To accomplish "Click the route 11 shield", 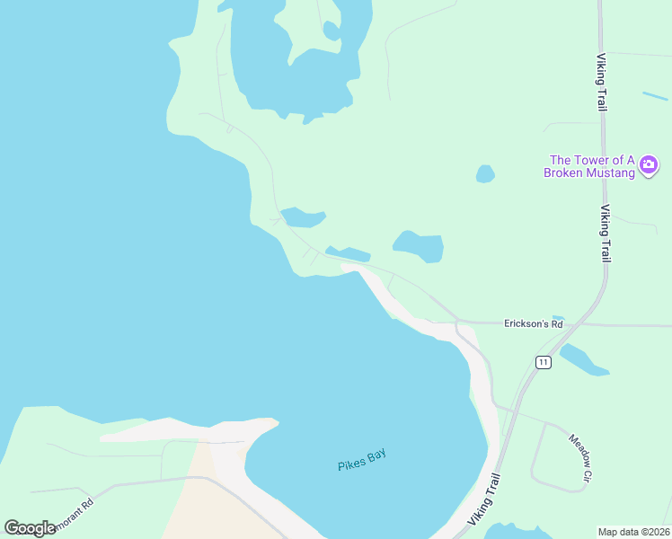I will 543,362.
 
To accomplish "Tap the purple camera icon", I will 649,165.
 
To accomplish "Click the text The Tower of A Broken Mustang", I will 588,166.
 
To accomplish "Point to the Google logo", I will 30,528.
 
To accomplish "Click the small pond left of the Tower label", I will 485,173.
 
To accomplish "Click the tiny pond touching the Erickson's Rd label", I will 558,318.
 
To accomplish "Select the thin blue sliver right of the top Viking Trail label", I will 655,95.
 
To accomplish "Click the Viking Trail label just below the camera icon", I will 606,234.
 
